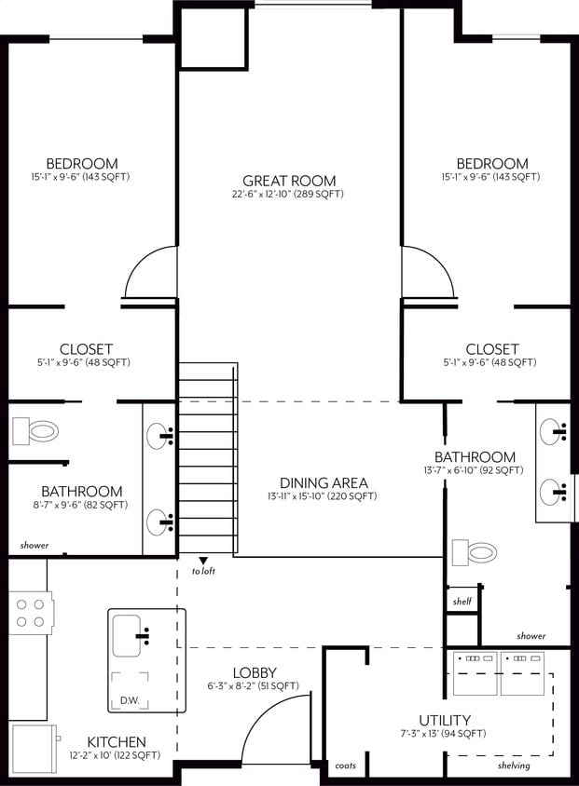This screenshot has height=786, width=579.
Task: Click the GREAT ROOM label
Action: (x=289, y=181)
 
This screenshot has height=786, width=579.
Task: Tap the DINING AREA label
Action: (x=324, y=483)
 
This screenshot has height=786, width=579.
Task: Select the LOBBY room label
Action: (x=255, y=672)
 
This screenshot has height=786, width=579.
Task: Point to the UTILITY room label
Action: (x=444, y=720)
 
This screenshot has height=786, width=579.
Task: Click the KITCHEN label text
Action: (x=116, y=741)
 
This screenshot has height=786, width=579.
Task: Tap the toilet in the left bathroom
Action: (x=36, y=431)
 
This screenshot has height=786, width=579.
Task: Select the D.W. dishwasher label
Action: (x=129, y=700)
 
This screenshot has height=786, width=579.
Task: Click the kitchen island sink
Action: (x=130, y=635)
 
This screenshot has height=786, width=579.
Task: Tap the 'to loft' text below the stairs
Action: (x=203, y=571)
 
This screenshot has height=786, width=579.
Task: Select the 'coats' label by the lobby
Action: (x=344, y=766)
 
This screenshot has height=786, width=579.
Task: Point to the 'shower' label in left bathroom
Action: (x=34, y=546)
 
